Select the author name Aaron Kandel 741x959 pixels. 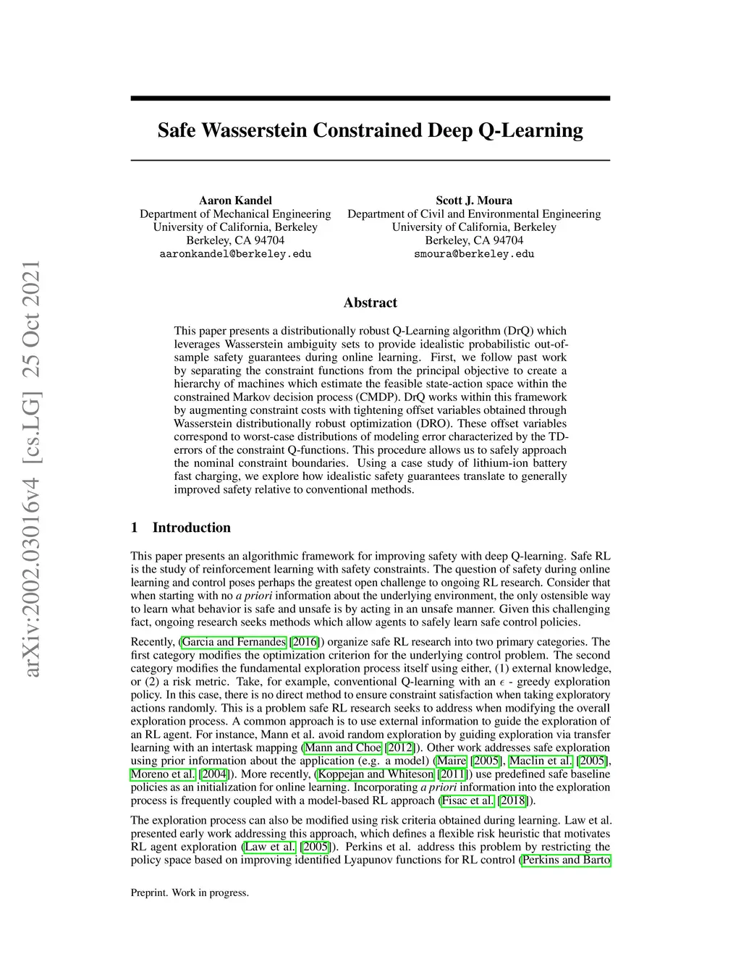(235, 200)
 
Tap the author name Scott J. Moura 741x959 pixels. (474, 200)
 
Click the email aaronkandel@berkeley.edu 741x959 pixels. (235, 254)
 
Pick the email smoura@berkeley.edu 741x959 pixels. (474, 254)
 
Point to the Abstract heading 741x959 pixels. (370, 303)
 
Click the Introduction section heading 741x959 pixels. (191, 528)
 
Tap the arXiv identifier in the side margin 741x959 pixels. (32, 469)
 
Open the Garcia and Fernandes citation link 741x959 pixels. (234, 642)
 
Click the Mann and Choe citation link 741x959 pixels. (343, 748)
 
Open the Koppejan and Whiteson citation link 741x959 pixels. (376, 774)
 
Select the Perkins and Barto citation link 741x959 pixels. (566, 860)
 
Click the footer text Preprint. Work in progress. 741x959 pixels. (190, 893)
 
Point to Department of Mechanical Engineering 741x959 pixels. (235, 214)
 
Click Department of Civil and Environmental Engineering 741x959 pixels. (474, 214)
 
